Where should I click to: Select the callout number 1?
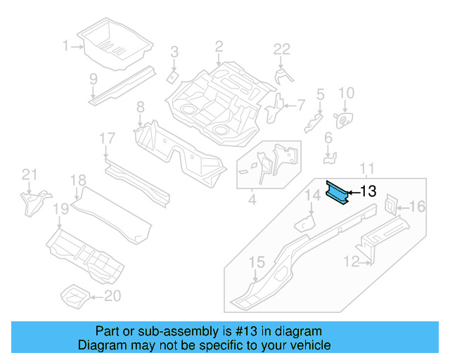pyautogui.click(x=65, y=46)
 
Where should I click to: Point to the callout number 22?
pyautogui.click(x=281, y=49)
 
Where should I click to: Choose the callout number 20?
pyautogui.click(x=112, y=296)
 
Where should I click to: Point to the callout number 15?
pyautogui.click(x=257, y=262)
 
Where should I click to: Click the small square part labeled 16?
pyautogui.click(x=390, y=205)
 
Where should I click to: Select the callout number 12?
pyautogui.click(x=351, y=262)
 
